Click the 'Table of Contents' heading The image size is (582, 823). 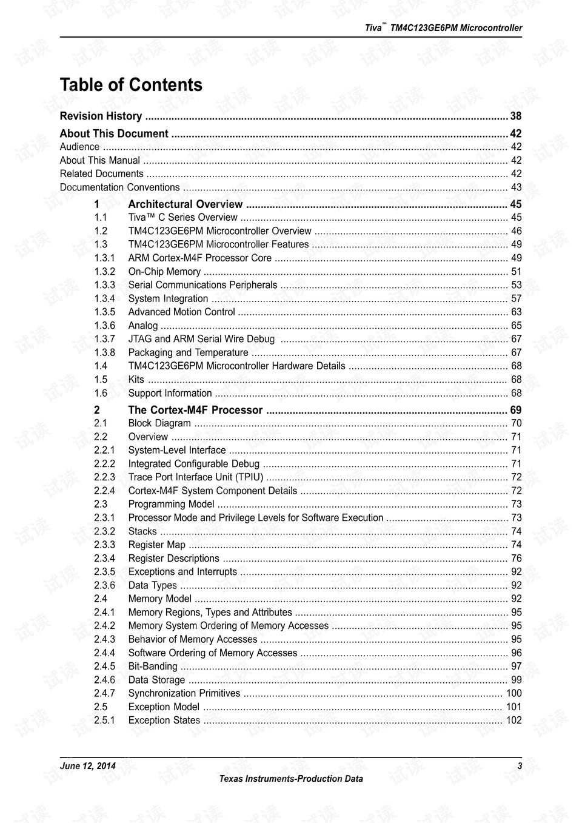[131, 85]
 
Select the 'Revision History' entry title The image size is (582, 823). [101, 116]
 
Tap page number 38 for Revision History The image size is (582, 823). [515, 116]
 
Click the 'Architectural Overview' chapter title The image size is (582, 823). [185, 204]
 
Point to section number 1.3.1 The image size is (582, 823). [104, 258]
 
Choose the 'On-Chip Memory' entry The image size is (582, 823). [164, 272]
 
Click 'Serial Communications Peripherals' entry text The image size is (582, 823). [202, 285]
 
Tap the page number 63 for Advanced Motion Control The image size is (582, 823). [516, 312]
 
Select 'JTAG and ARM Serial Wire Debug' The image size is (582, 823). [201, 339]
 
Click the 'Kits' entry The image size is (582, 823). [136, 380]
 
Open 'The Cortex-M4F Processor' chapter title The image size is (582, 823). [195, 410]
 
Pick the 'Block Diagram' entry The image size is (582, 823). [159, 423]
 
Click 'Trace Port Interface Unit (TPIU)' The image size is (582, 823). [195, 477]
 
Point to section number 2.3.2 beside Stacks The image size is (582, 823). [104, 531]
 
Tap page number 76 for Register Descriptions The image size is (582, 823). [516, 558]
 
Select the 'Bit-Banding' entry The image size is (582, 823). [153, 666]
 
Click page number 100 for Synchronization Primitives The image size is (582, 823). [513, 693]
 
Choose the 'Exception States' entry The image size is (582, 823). [164, 720]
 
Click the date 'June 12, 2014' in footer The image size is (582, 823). [87, 766]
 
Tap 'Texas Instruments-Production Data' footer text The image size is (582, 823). [291, 779]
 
